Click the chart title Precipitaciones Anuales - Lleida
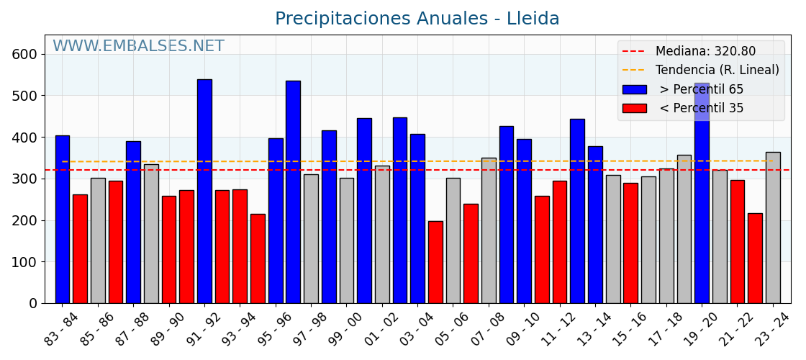(417, 19)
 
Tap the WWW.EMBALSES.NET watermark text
(138, 47)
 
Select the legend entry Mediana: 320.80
(705, 52)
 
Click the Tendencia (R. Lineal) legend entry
(717, 71)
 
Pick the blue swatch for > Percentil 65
(634, 89)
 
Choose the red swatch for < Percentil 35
(634, 108)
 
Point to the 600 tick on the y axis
(24, 54)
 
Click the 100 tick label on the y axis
(24, 262)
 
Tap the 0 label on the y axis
(32, 303)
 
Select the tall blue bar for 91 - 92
(204, 191)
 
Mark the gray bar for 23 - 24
(773, 228)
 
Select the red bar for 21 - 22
(737, 241)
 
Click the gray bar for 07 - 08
(489, 230)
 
